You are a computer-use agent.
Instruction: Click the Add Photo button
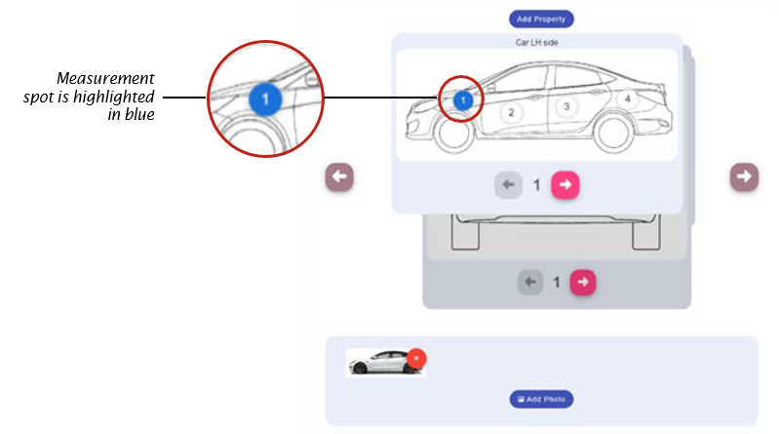[541, 399]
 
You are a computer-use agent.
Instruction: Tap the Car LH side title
[536, 43]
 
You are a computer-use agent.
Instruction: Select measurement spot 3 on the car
[565, 106]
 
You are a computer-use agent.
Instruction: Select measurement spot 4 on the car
[628, 99]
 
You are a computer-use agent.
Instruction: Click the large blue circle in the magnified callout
[266, 99]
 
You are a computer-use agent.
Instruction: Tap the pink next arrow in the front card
[565, 184]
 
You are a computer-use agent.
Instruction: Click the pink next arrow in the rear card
[582, 282]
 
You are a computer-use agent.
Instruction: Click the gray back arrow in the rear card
[529, 282]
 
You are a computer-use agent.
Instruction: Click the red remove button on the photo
[416, 359]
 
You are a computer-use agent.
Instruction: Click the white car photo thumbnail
[378, 362]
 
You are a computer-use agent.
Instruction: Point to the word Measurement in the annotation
[105, 78]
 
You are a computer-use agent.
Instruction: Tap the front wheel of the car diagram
[454, 137]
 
